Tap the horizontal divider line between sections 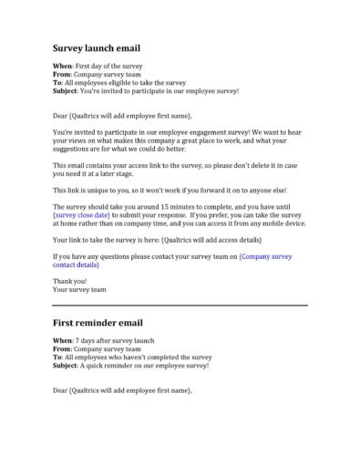pos(180,305)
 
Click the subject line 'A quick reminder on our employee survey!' pos(146,365)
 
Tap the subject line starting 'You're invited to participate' pos(159,90)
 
